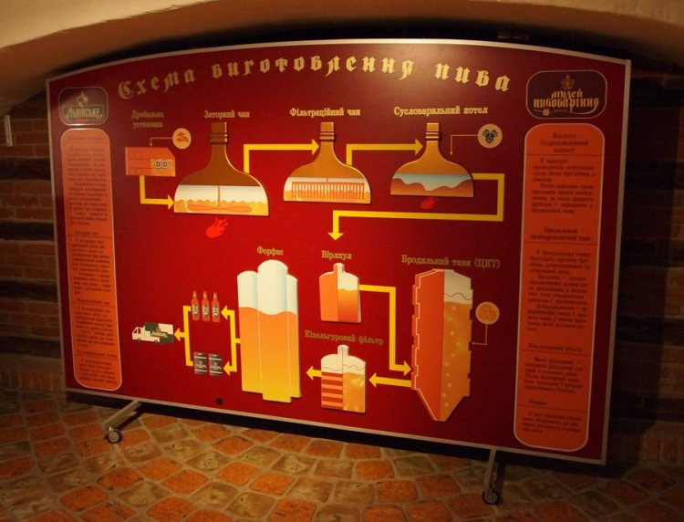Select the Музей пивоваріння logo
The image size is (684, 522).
click(x=565, y=94)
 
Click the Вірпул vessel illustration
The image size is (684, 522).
click(x=339, y=292)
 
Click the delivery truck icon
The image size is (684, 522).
click(x=152, y=334)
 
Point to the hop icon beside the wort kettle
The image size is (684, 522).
click(x=490, y=136)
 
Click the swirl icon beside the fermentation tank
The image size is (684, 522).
click(x=488, y=312)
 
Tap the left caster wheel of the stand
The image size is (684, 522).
click(x=114, y=435)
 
